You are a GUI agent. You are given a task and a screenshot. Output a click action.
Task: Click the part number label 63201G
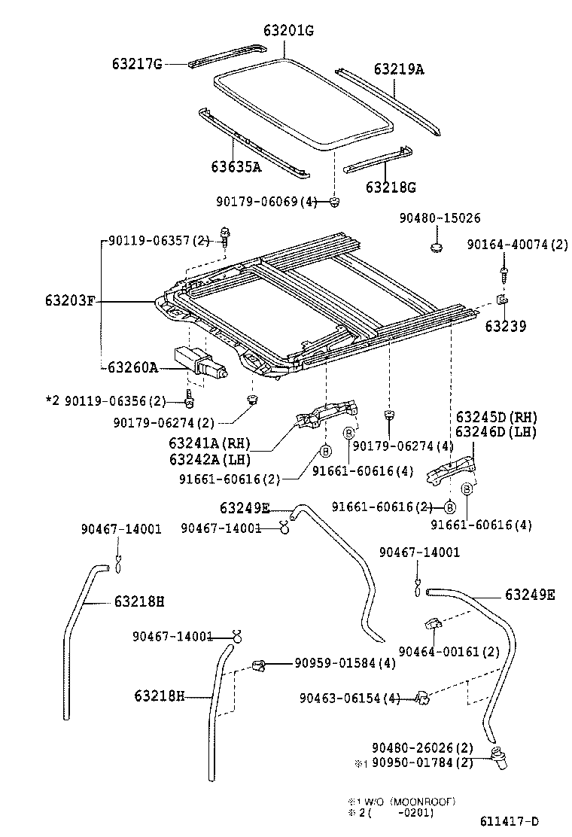pyautogui.click(x=288, y=30)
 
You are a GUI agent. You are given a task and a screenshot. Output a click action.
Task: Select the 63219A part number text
pyautogui.click(x=398, y=69)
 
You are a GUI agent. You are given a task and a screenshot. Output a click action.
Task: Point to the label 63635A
pyautogui.click(x=236, y=166)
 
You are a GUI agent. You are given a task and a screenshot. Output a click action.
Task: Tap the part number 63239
pyautogui.click(x=505, y=327)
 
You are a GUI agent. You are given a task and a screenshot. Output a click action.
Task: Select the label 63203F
pyautogui.click(x=70, y=302)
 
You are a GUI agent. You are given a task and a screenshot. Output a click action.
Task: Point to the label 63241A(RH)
pyautogui.click(x=209, y=443)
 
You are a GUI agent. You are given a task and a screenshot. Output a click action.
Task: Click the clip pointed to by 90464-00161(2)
pyautogui.click(x=433, y=623)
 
